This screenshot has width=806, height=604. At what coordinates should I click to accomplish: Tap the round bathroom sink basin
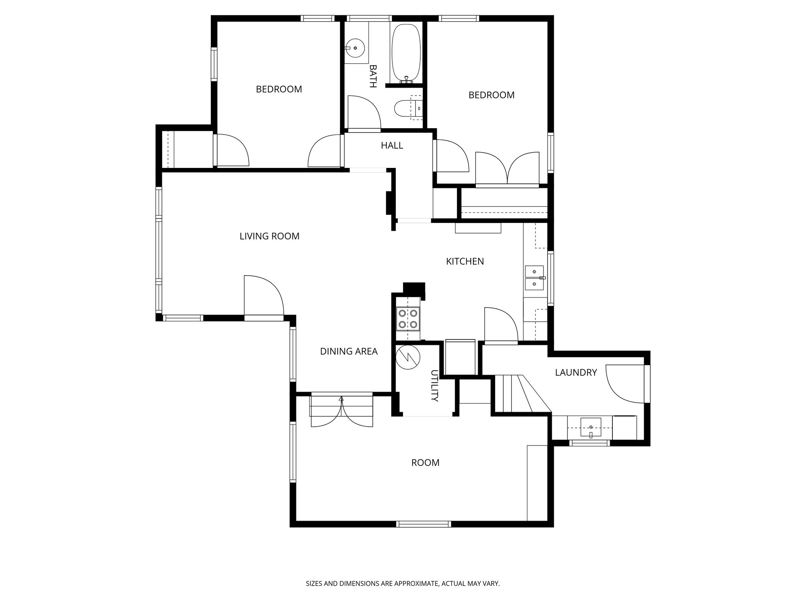pos(355,48)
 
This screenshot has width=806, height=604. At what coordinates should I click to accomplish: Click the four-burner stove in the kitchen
pos(407,319)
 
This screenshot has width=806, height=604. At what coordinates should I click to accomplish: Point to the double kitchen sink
pos(534,278)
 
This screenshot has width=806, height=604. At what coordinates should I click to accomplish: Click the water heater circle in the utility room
pos(408,357)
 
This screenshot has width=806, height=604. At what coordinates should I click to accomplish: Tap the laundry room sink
pos(591,428)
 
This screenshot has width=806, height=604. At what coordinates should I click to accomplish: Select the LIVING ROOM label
pos(269,236)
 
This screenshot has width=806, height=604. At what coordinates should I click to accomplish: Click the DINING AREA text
pos(349,352)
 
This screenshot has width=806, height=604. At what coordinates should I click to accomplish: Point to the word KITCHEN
pos(465,261)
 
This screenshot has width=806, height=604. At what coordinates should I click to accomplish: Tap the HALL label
pos(392,145)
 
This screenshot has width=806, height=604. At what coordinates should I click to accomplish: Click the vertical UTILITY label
pos(434,385)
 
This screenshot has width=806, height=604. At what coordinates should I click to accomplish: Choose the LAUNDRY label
pos(576,372)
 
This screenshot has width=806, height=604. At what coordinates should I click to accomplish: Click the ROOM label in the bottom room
pos(425,463)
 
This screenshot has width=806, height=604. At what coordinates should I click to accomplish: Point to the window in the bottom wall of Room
pos(423,524)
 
